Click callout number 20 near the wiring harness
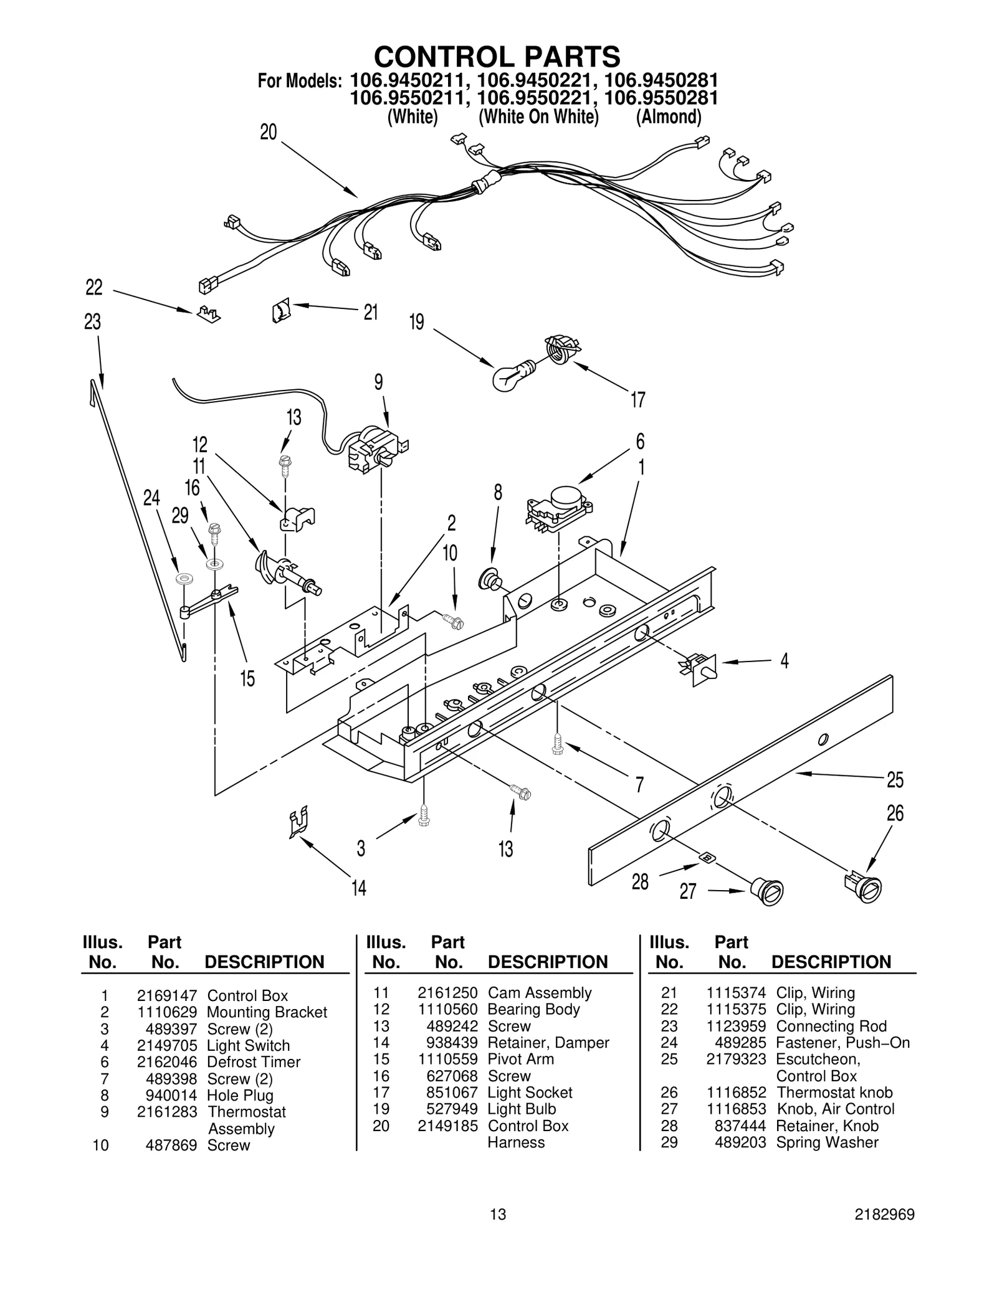(x=269, y=133)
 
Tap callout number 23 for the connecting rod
(x=92, y=322)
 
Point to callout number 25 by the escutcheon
(x=895, y=780)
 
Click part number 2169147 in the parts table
(x=167, y=995)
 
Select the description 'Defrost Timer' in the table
(x=254, y=1062)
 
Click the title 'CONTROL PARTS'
(x=497, y=57)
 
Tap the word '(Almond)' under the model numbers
(x=669, y=116)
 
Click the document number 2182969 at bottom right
(x=884, y=1231)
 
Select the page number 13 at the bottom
(x=498, y=1231)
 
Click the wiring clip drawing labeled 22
(x=208, y=314)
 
